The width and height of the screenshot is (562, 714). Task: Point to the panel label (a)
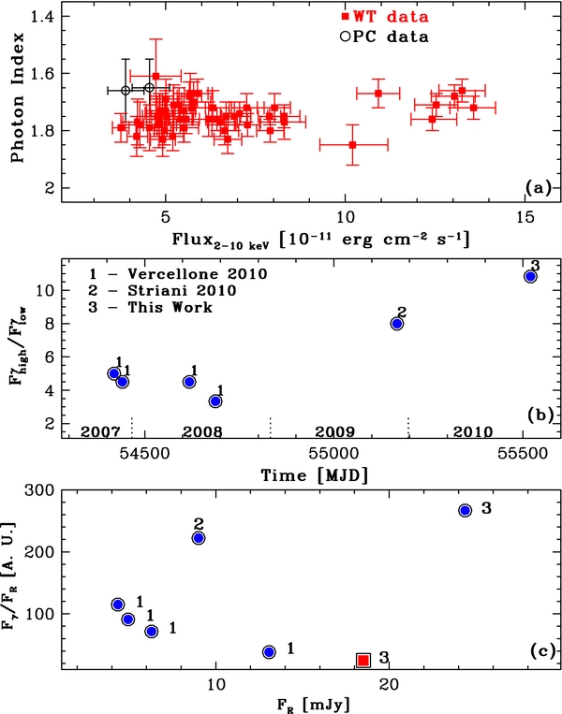click(538, 188)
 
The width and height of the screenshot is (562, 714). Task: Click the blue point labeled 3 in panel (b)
click(530, 276)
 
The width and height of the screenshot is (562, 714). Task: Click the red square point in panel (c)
click(363, 661)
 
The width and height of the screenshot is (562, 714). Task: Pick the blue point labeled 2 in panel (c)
click(199, 538)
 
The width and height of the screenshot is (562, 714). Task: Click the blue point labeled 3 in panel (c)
click(465, 510)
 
